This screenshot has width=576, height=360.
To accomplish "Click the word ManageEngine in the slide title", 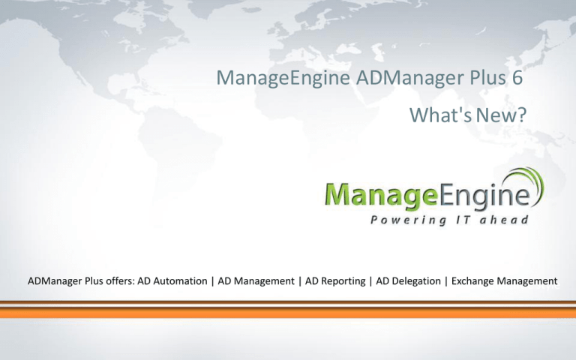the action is click(x=283, y=78).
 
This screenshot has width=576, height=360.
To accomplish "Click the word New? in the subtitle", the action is click(x=502, y=115).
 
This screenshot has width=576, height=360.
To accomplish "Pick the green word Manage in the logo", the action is click(x=382, y=195).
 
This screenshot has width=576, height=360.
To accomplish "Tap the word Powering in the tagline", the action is click(x=408, y=220).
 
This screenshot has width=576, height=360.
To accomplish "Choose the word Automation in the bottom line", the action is click(x=180, y=281).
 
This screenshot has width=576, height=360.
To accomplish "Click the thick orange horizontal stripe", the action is click(x=288, y=313).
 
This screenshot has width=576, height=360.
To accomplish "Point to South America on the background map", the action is click(x=176, y=147).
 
